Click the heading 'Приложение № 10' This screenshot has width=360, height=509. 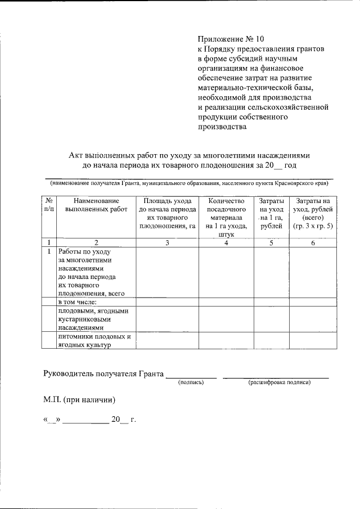230,39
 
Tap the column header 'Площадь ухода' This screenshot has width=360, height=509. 167,200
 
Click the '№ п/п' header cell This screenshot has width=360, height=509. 49,205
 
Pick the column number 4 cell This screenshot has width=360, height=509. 226,242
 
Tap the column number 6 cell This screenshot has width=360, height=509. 309,242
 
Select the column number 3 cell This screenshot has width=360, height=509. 167,242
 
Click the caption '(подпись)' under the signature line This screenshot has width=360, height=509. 190,382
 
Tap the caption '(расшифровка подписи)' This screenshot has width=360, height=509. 279,382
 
